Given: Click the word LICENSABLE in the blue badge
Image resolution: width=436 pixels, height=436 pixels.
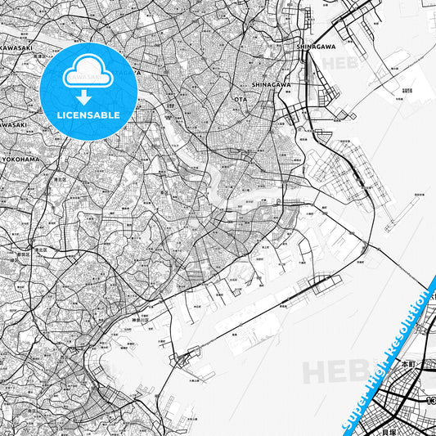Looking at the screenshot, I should tap(88, 115).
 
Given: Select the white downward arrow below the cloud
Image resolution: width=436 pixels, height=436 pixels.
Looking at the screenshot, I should tap(88, 97).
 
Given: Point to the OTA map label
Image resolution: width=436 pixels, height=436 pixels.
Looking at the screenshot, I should tap(240, 99).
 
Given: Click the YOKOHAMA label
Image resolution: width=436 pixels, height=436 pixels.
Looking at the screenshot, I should tap(21, 159).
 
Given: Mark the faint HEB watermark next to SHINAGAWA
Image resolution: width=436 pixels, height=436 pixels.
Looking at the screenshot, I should tap(340, 63).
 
